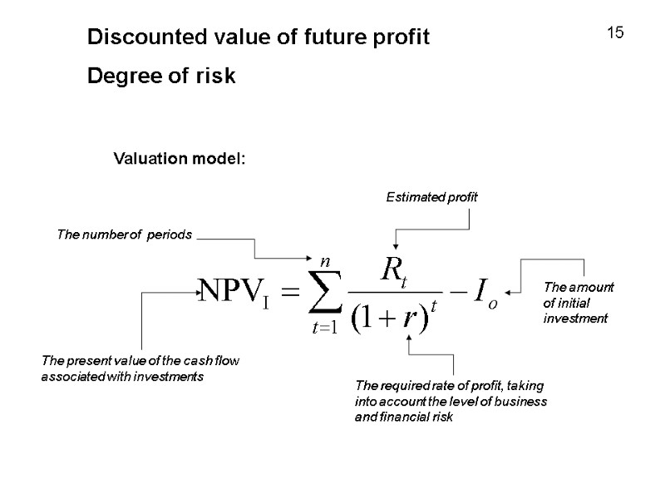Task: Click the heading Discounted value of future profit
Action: [259, 37]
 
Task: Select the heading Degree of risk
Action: [162, 77]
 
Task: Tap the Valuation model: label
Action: [180, 158]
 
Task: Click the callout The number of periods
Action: [124, 235]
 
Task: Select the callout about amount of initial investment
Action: [579, 303]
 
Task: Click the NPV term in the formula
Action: [239, 290]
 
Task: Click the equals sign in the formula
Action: [286, 291]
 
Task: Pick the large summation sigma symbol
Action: [320, 291]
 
